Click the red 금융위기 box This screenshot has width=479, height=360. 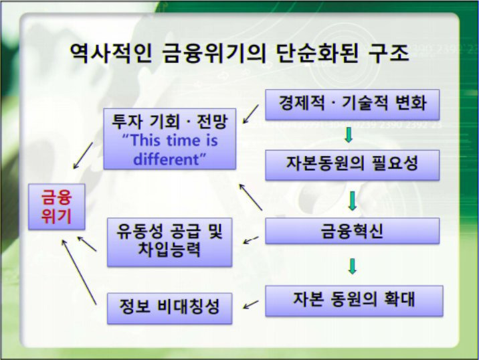click(x=56, y=207)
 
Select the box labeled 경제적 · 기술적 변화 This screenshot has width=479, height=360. click(x=352, y=104)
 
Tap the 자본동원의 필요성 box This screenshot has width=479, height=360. click(x=352, y=165)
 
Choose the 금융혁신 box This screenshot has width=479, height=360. click(x=352, y=231)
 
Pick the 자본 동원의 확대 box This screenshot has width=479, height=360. click(x=354, y=300)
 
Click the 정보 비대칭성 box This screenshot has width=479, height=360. click(x=169, y=308)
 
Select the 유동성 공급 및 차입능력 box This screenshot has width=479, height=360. click(x=169, y=242)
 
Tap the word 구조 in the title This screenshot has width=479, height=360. click(x=389, y=53)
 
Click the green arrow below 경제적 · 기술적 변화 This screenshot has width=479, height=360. click(x=349, y=134)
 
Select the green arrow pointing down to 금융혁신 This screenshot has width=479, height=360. click(x=353, y=201)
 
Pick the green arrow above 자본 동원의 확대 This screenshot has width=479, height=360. click(x=353, y=266)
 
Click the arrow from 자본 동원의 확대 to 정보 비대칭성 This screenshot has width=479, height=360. click(x=251, y=304)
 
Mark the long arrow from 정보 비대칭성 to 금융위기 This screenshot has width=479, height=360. click(x=79, y=272)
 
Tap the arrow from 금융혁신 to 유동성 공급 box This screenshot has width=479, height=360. click(x=251, y=240)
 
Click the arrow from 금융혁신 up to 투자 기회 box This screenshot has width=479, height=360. click(x=250, y=197)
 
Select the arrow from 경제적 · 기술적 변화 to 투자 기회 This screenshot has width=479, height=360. click(x=250, y=114)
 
